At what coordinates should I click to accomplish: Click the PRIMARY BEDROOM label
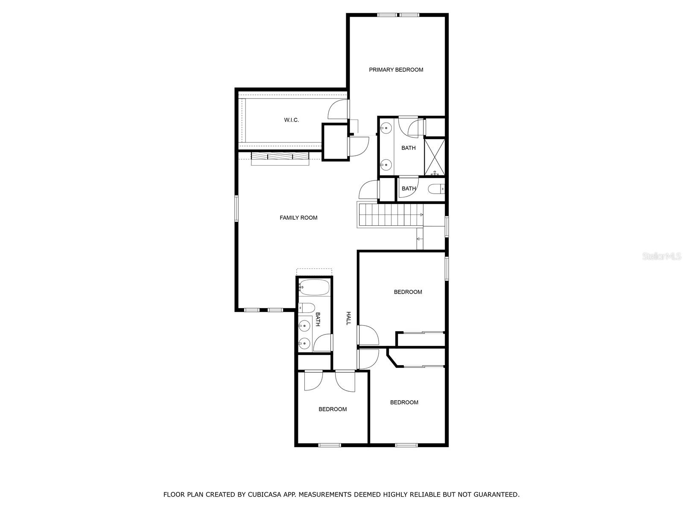396,70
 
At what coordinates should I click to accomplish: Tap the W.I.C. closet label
291,120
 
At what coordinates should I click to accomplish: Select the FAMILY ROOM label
298,218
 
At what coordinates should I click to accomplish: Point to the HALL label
348,318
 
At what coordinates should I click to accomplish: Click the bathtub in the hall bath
314,288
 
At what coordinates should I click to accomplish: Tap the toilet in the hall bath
306,308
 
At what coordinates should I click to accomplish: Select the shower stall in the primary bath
435,157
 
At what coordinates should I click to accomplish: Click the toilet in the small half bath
436,189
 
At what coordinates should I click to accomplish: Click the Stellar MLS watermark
661,256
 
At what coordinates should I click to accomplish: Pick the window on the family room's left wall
236,208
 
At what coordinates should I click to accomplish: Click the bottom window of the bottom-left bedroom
330,445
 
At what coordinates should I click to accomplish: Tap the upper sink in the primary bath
386,128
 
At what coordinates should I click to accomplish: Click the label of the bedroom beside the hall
408,292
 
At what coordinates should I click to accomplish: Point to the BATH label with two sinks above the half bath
408,148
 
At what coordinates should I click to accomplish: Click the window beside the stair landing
447,227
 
